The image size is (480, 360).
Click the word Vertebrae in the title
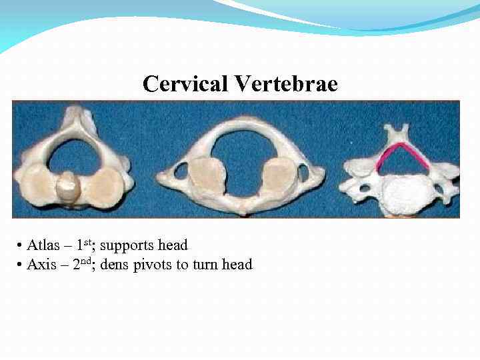tap(285, 85)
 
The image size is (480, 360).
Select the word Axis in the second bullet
tap(42, 265)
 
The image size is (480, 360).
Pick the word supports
tap(128, 245)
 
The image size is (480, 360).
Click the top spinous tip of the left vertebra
tap(78, 118)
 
